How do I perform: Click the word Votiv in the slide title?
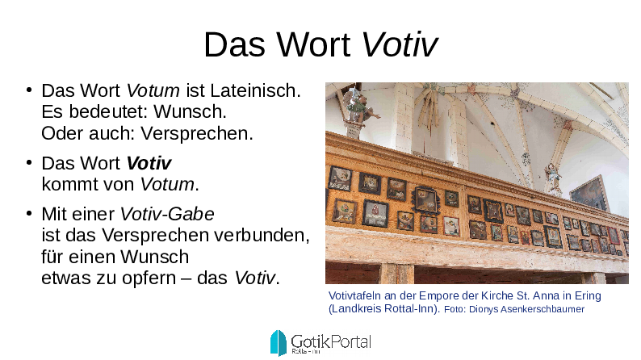point(399,44)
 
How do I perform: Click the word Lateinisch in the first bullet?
point(255,90)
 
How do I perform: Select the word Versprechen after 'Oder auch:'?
point(197,134)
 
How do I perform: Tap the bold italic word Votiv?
point(149,163)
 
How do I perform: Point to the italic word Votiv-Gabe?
point(167,214)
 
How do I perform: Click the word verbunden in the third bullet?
point(261,236)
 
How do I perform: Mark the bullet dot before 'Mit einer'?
point(28,214)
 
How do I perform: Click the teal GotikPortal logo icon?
point(278,342)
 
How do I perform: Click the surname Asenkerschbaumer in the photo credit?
point(543,309)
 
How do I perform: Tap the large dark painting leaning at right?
point(589,193)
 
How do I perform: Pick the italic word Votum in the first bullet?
point(153,90)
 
